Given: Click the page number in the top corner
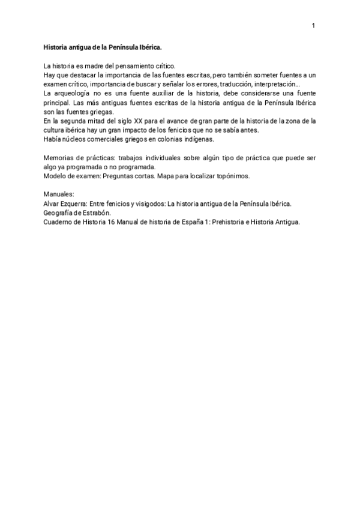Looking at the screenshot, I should (313, 26).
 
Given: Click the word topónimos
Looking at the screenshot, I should (227, 176).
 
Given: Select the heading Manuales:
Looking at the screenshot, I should (59, 195).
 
